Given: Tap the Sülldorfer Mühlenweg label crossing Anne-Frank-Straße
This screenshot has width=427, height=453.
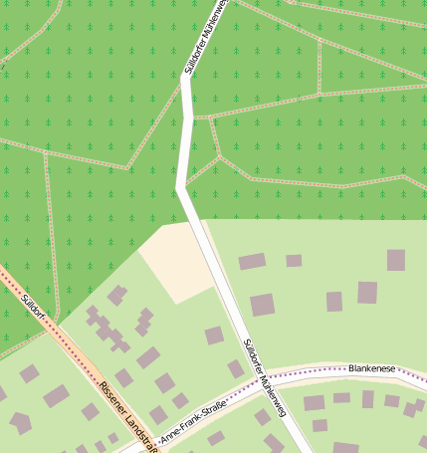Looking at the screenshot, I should (x=263, y=379).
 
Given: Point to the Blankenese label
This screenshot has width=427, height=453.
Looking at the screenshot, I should (x=372, y=368).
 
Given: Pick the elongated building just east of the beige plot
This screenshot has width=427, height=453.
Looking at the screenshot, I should (x=252, y=262).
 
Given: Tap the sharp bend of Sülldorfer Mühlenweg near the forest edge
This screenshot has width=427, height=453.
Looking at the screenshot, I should (x=180, y=188).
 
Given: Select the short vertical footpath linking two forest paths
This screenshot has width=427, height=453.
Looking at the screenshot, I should (x=320, y=67).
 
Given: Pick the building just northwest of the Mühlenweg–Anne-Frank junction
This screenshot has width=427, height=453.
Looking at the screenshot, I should (x=235, y=368).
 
